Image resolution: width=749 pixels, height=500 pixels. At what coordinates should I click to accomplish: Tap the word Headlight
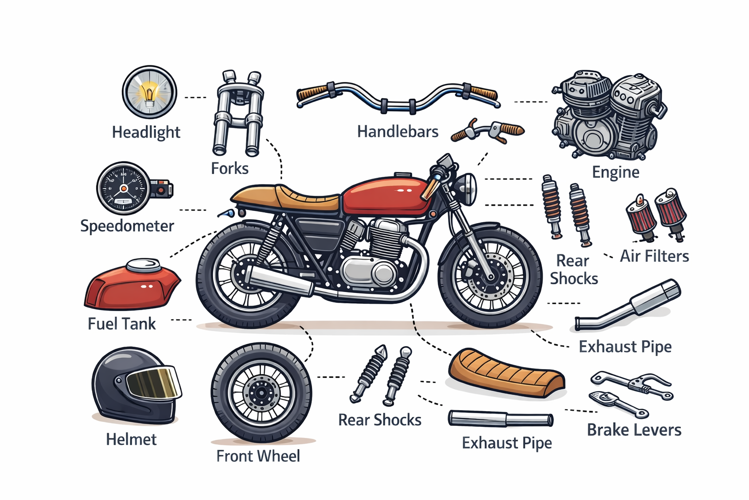click(146, 132)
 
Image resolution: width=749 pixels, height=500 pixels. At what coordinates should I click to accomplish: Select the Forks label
click(230, 168)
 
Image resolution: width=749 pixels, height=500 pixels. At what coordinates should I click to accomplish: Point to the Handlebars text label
click(397, 131)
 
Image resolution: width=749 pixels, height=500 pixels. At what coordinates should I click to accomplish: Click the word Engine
click(615, 172)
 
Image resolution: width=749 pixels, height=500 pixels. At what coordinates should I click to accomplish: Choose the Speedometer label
click(127, 226)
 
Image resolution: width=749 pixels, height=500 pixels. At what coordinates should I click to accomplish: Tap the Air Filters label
click(654, 256)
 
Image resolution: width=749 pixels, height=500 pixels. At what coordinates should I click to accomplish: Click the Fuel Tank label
click(122, 324)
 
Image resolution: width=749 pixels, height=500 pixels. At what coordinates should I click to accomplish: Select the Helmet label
click(131, 439)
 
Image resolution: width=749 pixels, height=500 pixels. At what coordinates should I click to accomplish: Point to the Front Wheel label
click(258, 456)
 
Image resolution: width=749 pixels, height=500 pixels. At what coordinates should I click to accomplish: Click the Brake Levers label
click(634, 430)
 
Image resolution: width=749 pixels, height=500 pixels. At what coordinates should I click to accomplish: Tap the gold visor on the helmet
click(153, 382)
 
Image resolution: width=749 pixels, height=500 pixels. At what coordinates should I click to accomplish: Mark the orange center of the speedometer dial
click(123, 189)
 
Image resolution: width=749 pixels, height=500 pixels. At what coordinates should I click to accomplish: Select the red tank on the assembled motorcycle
click(386, 197)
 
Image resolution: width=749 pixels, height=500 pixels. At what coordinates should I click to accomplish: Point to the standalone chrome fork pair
click(238, 113)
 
